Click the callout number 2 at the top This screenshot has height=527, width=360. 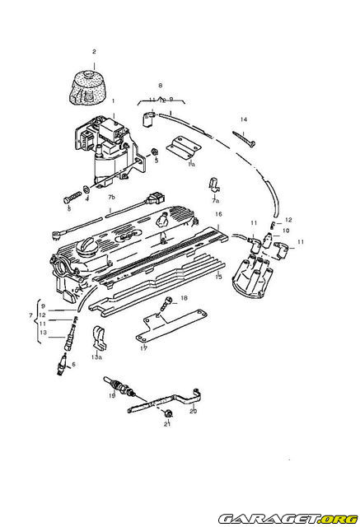[95, 52]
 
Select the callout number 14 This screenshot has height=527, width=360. [244, 119]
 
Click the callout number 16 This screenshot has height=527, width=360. [218, 213]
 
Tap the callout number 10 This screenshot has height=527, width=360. [287, 231]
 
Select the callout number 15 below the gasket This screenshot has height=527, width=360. [218, 277]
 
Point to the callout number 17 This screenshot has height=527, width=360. [143, 347]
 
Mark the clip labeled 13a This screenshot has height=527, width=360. [99, 338]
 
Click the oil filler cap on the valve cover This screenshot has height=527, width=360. [86, 245]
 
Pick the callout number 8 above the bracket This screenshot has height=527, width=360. [161, 85]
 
